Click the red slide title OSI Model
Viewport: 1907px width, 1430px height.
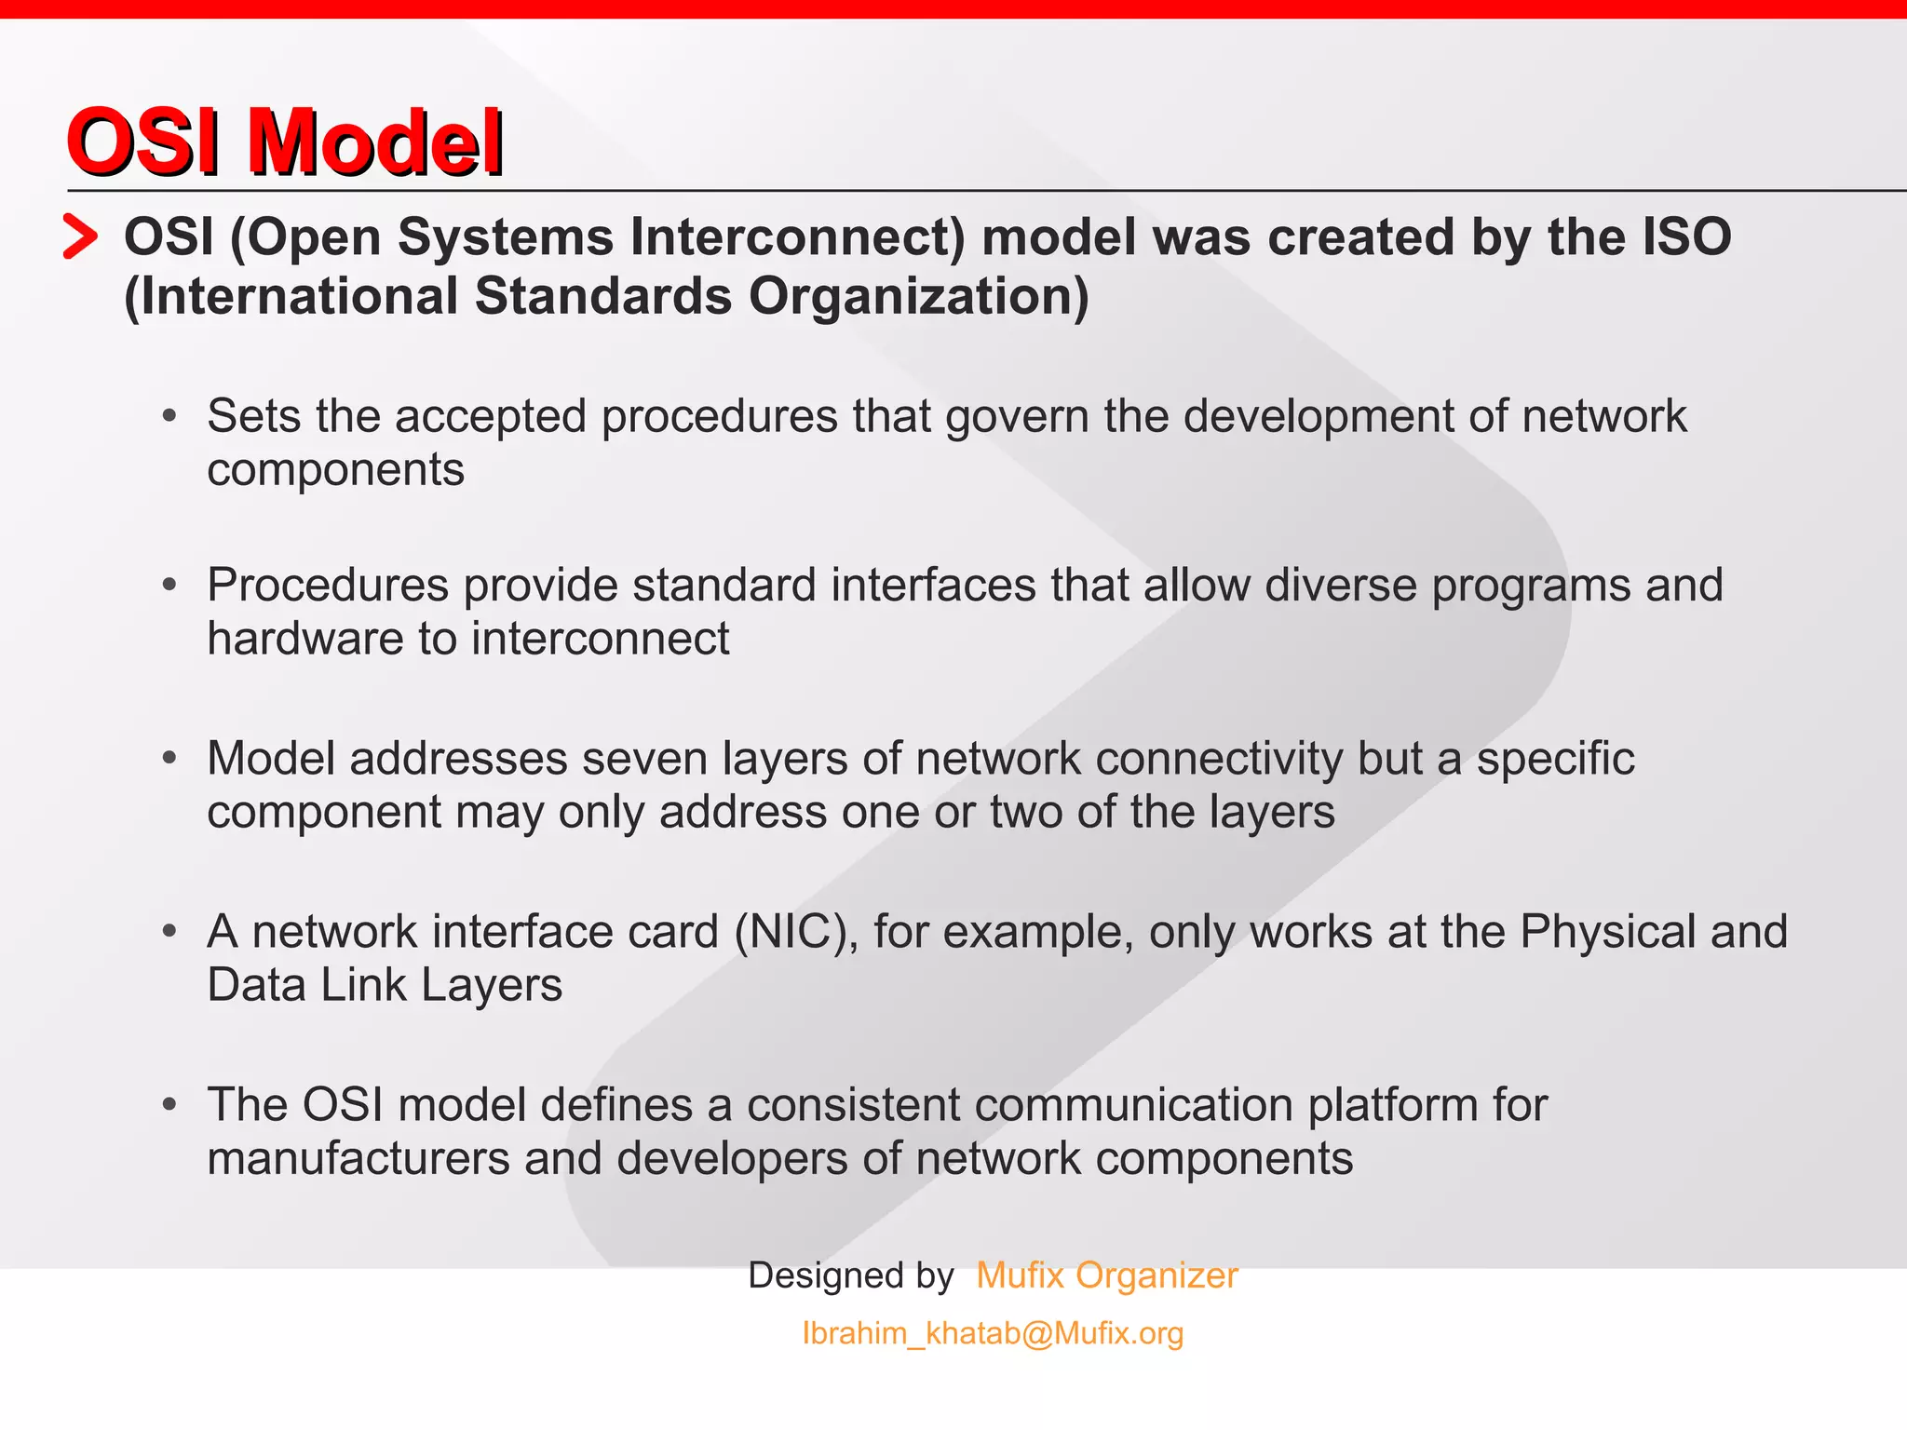tap(284, 142)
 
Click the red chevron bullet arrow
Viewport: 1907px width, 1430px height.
tap(80, 236)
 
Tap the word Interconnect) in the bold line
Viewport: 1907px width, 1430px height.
tap(797, 236)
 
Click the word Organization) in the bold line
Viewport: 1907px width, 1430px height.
tap(918, 296)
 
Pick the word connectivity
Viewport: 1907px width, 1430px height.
tap(1219, 759)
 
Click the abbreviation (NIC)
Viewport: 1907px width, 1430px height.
tap(796, 932)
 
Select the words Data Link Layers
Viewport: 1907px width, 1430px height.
tap(385, 985)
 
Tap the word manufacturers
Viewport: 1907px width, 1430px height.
tap(358, 1159)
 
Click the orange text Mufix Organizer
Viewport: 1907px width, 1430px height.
tap(1106, 1275)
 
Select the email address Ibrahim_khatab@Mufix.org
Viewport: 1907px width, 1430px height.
tap(993, 1333)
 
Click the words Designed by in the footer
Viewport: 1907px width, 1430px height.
tap(850, 1275)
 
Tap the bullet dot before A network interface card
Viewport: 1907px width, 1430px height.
tap(169, 931)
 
